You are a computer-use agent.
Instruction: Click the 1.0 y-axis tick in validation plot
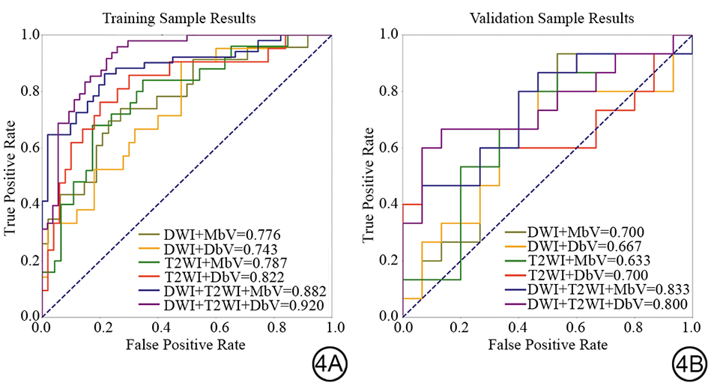coord(387,34)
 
